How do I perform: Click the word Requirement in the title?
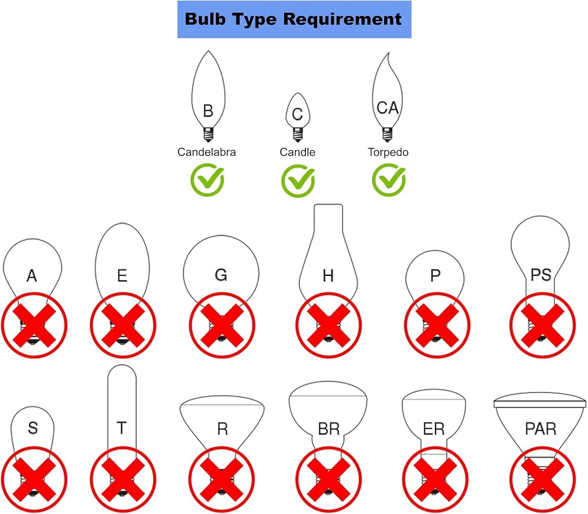342,19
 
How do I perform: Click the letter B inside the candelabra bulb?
208,111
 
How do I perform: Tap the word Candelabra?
207,152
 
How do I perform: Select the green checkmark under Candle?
298,180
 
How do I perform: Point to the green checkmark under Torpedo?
388,180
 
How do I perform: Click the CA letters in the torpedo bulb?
387,108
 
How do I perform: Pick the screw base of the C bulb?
298,134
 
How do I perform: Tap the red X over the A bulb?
34,325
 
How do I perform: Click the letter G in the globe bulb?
221,275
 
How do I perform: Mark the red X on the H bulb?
328,325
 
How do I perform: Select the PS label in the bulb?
541,275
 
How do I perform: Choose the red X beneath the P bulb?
437,325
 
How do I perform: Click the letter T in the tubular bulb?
122,428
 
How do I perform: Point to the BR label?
328,429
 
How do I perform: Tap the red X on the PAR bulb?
543,479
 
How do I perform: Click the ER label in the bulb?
434,429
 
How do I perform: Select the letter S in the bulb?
33,428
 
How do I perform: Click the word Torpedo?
388,152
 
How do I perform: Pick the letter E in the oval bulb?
122,276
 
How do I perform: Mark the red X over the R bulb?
221,479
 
